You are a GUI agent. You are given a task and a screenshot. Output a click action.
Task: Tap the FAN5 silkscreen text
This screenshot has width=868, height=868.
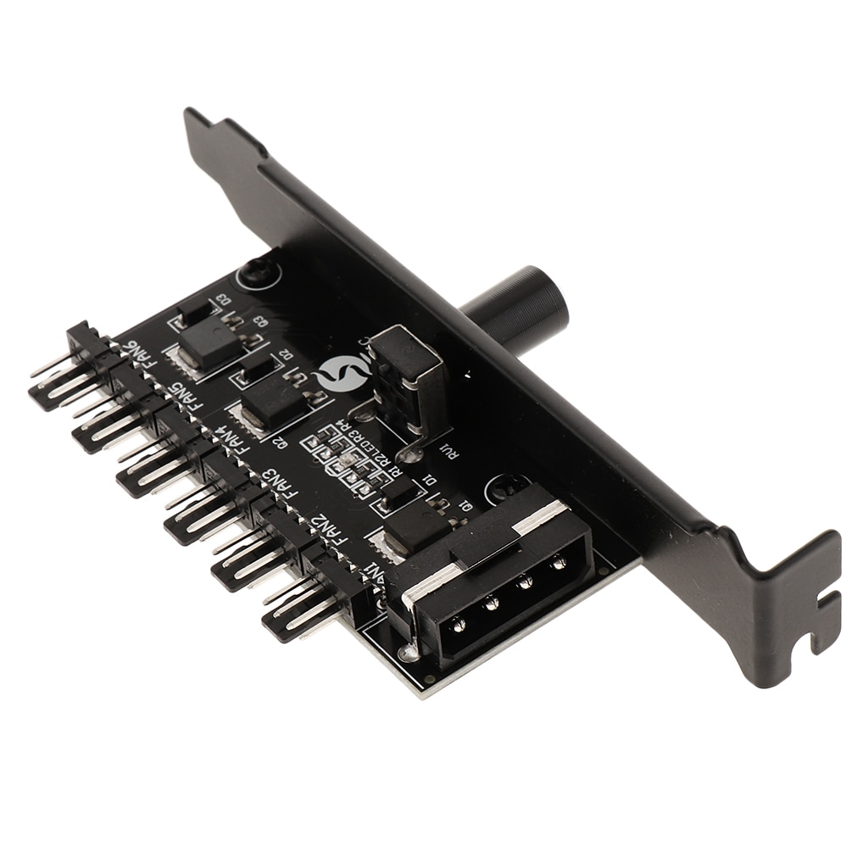coord(183,395)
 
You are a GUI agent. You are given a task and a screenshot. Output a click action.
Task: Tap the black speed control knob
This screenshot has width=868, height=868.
coord(517,307)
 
